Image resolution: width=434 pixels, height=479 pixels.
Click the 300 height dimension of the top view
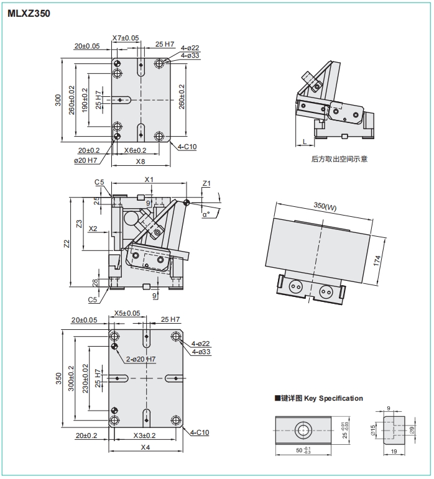click(x=58, y=99)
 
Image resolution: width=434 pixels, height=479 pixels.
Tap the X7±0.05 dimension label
click(x=126, y=38)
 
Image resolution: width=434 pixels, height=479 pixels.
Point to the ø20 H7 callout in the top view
click(x=86, y=160)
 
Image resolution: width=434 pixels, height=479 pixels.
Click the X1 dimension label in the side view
click(x=149, y=180)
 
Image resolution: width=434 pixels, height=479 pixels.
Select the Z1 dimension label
click(x=207, y=184)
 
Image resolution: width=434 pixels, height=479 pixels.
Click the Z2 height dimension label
click(x=67, y=244)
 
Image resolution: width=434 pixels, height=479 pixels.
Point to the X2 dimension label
click(x=93, y=229)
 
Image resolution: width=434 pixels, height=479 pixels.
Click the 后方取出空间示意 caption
click(x=339, y=159)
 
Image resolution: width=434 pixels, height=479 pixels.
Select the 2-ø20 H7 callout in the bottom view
click(x=141, y=359)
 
